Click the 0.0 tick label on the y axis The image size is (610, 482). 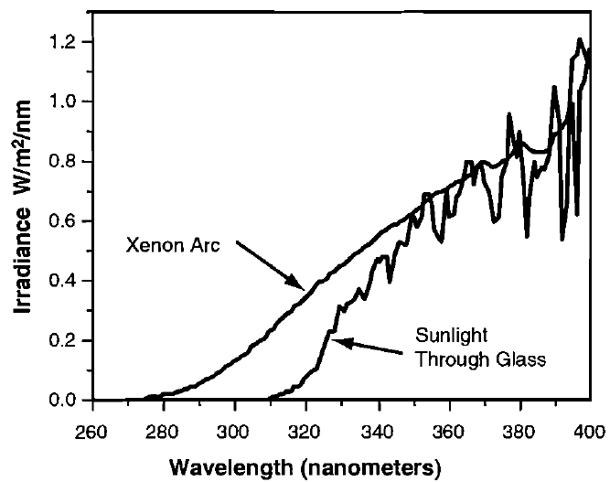[x=66, y=401]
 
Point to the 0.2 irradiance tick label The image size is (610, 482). [x=66, y=341]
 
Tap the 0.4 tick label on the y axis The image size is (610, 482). [x=66, y=281]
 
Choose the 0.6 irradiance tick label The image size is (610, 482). [x=66, y=221]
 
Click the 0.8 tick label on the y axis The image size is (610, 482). [x=66, y=161]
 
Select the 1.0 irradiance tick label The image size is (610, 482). [x=66, y=102]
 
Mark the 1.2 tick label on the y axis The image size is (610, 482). [x=66, y=42]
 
